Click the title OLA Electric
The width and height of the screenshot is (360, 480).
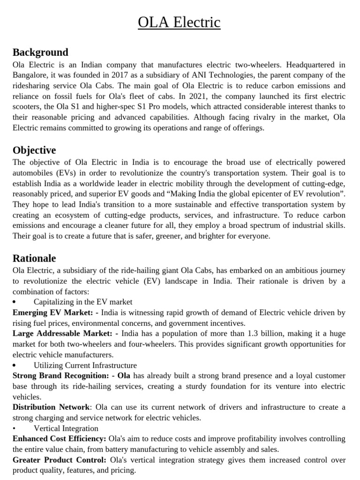pos(179,22)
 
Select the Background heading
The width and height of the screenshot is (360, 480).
pos(40,52)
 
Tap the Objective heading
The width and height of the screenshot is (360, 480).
pos(34,150)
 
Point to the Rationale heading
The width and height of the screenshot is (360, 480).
pos(34,258)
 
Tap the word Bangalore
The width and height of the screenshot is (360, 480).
pos(30,75)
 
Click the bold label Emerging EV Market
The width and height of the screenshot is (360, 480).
pos(52,312)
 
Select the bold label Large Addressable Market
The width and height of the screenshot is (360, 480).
pos(62,333)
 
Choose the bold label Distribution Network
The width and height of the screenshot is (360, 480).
pos(51,407)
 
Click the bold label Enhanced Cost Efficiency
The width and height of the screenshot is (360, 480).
pos(59,439)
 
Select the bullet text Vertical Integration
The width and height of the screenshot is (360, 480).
pos(66,428)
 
